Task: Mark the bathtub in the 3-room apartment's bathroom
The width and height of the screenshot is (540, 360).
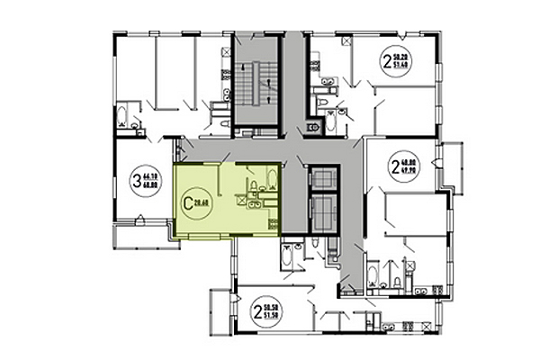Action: click(121, 114)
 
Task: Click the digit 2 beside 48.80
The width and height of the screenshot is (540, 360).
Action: click(394, 166)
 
